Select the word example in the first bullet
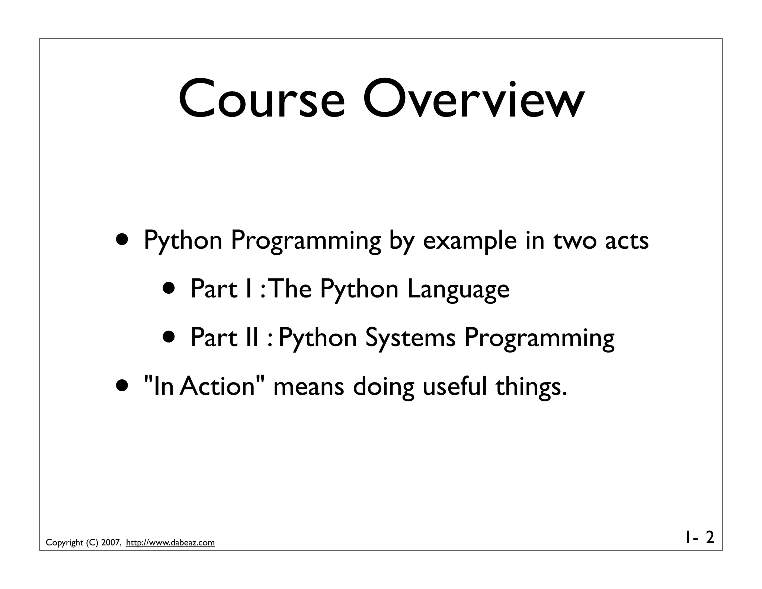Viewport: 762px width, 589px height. point(470,241)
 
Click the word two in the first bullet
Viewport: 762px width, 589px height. point(576,240)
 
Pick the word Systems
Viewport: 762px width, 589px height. point(410,338)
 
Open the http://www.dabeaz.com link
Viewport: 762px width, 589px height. point(170,542)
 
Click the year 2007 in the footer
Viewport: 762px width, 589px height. point(111,542)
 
